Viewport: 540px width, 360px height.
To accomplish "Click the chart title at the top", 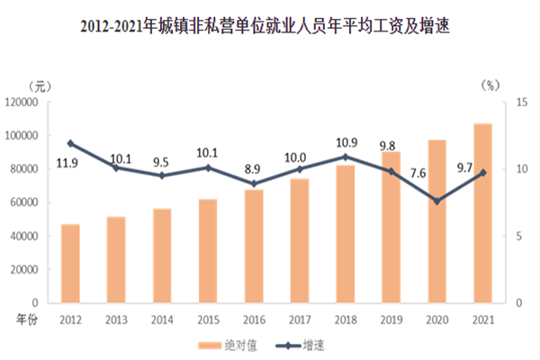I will (270, 28).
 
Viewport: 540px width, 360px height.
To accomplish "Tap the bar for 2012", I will (70, 263).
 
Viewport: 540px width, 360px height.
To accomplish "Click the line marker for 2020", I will (437, 201).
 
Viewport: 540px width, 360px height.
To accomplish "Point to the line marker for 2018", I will (346, 157).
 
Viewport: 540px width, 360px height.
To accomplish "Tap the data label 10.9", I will (346, 142).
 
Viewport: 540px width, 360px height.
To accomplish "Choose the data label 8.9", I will (254, 168).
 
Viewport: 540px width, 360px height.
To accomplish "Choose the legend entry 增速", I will (307, 345).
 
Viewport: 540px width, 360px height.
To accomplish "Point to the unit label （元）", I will (40, 86).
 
